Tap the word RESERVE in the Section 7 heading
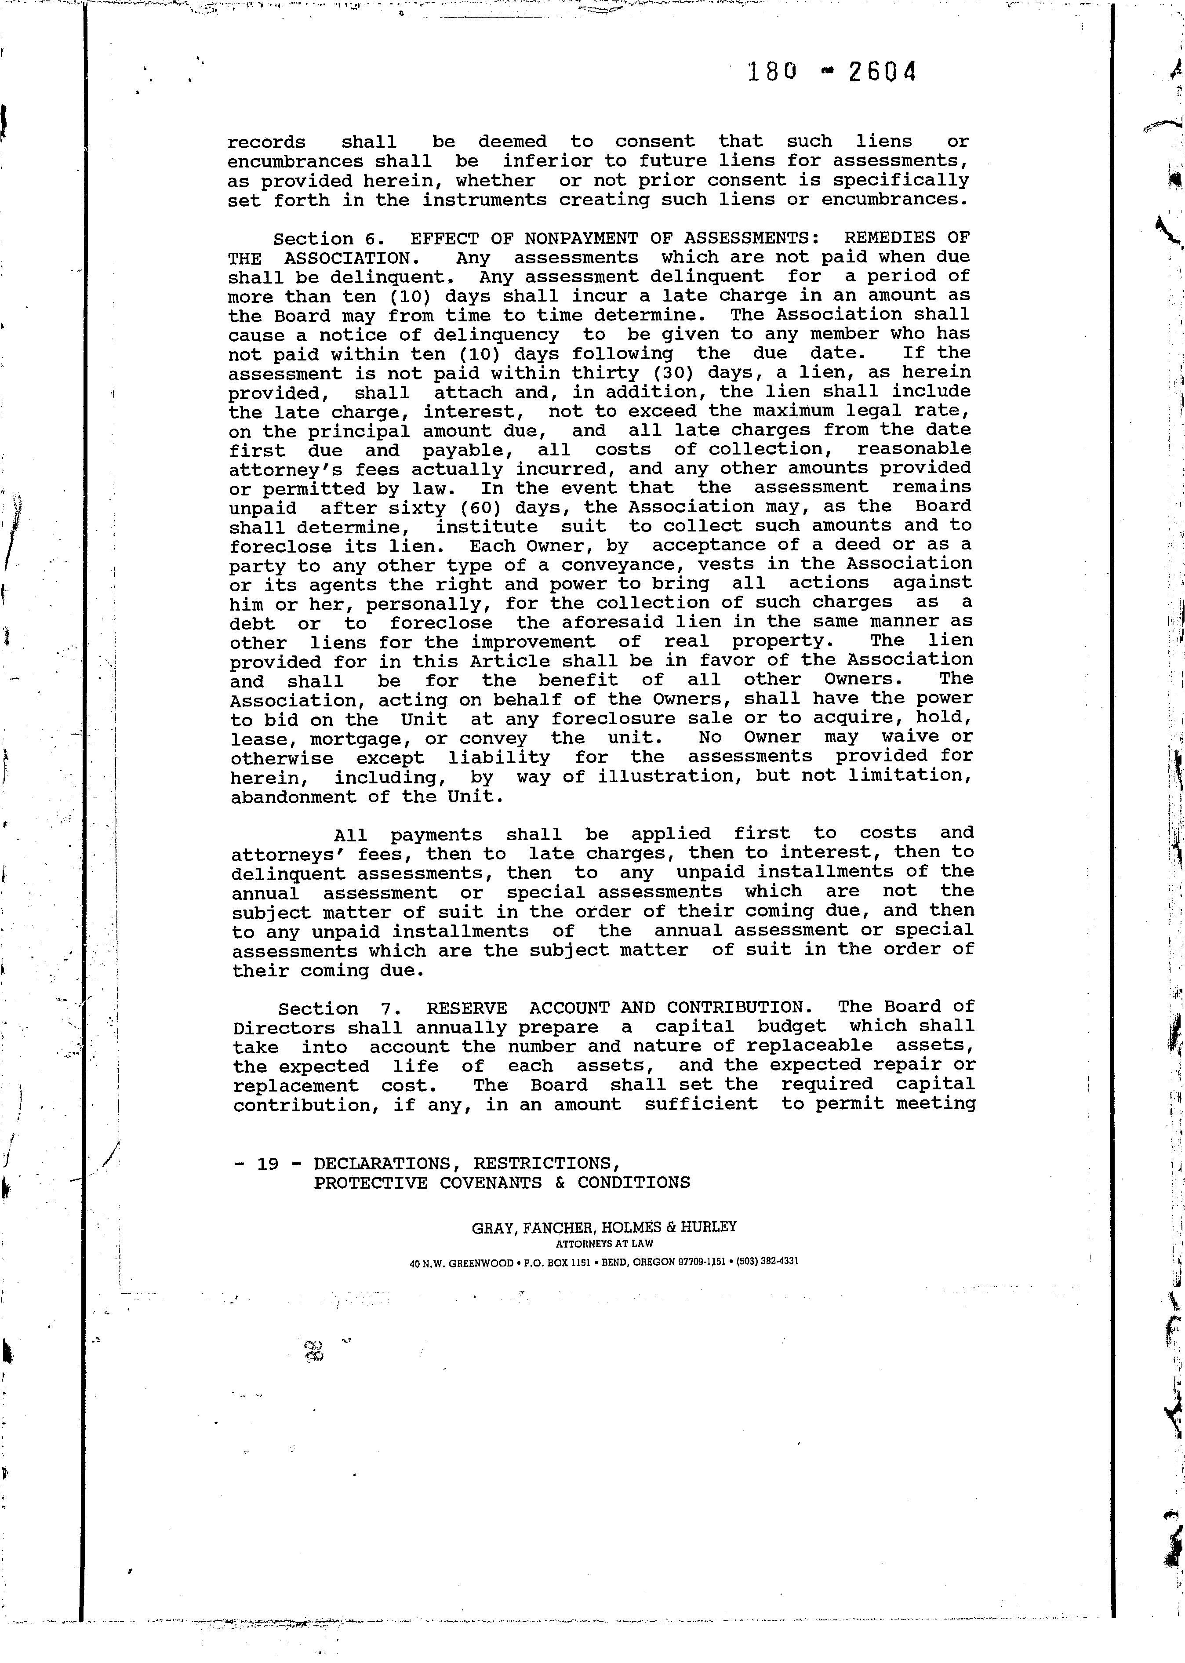tap(466, 1008)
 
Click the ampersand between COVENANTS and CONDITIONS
tap(560, 1182)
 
